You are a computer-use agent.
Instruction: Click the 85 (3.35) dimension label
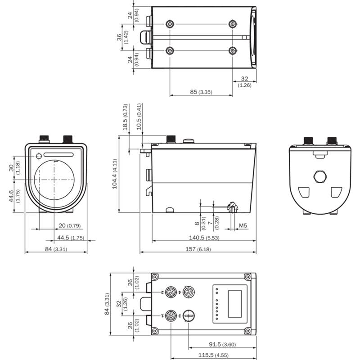click(201, 92)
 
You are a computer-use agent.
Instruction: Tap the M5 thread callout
click(243, 225)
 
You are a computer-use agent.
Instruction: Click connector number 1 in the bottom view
click(171, 315)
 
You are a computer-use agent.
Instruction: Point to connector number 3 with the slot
click(189, 315)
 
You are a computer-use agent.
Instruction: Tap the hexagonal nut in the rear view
click(320, 176)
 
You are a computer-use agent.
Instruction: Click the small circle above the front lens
click(39, 156)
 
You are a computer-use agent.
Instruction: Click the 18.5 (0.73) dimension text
click(126, 118)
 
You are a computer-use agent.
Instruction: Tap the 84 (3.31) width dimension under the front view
click(56, 249)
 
